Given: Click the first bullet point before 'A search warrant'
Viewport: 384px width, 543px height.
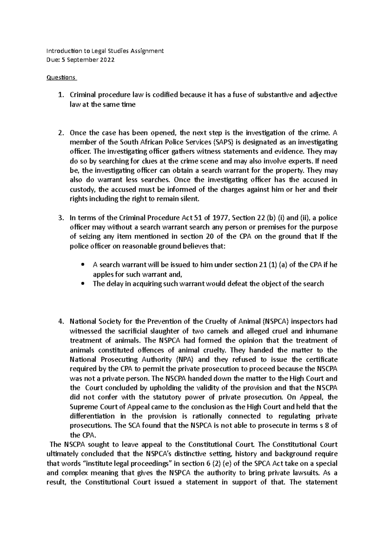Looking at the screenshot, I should click(x=83, y=265).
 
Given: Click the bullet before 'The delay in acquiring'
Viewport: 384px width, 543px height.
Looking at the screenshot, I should click(x=83, y=284).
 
